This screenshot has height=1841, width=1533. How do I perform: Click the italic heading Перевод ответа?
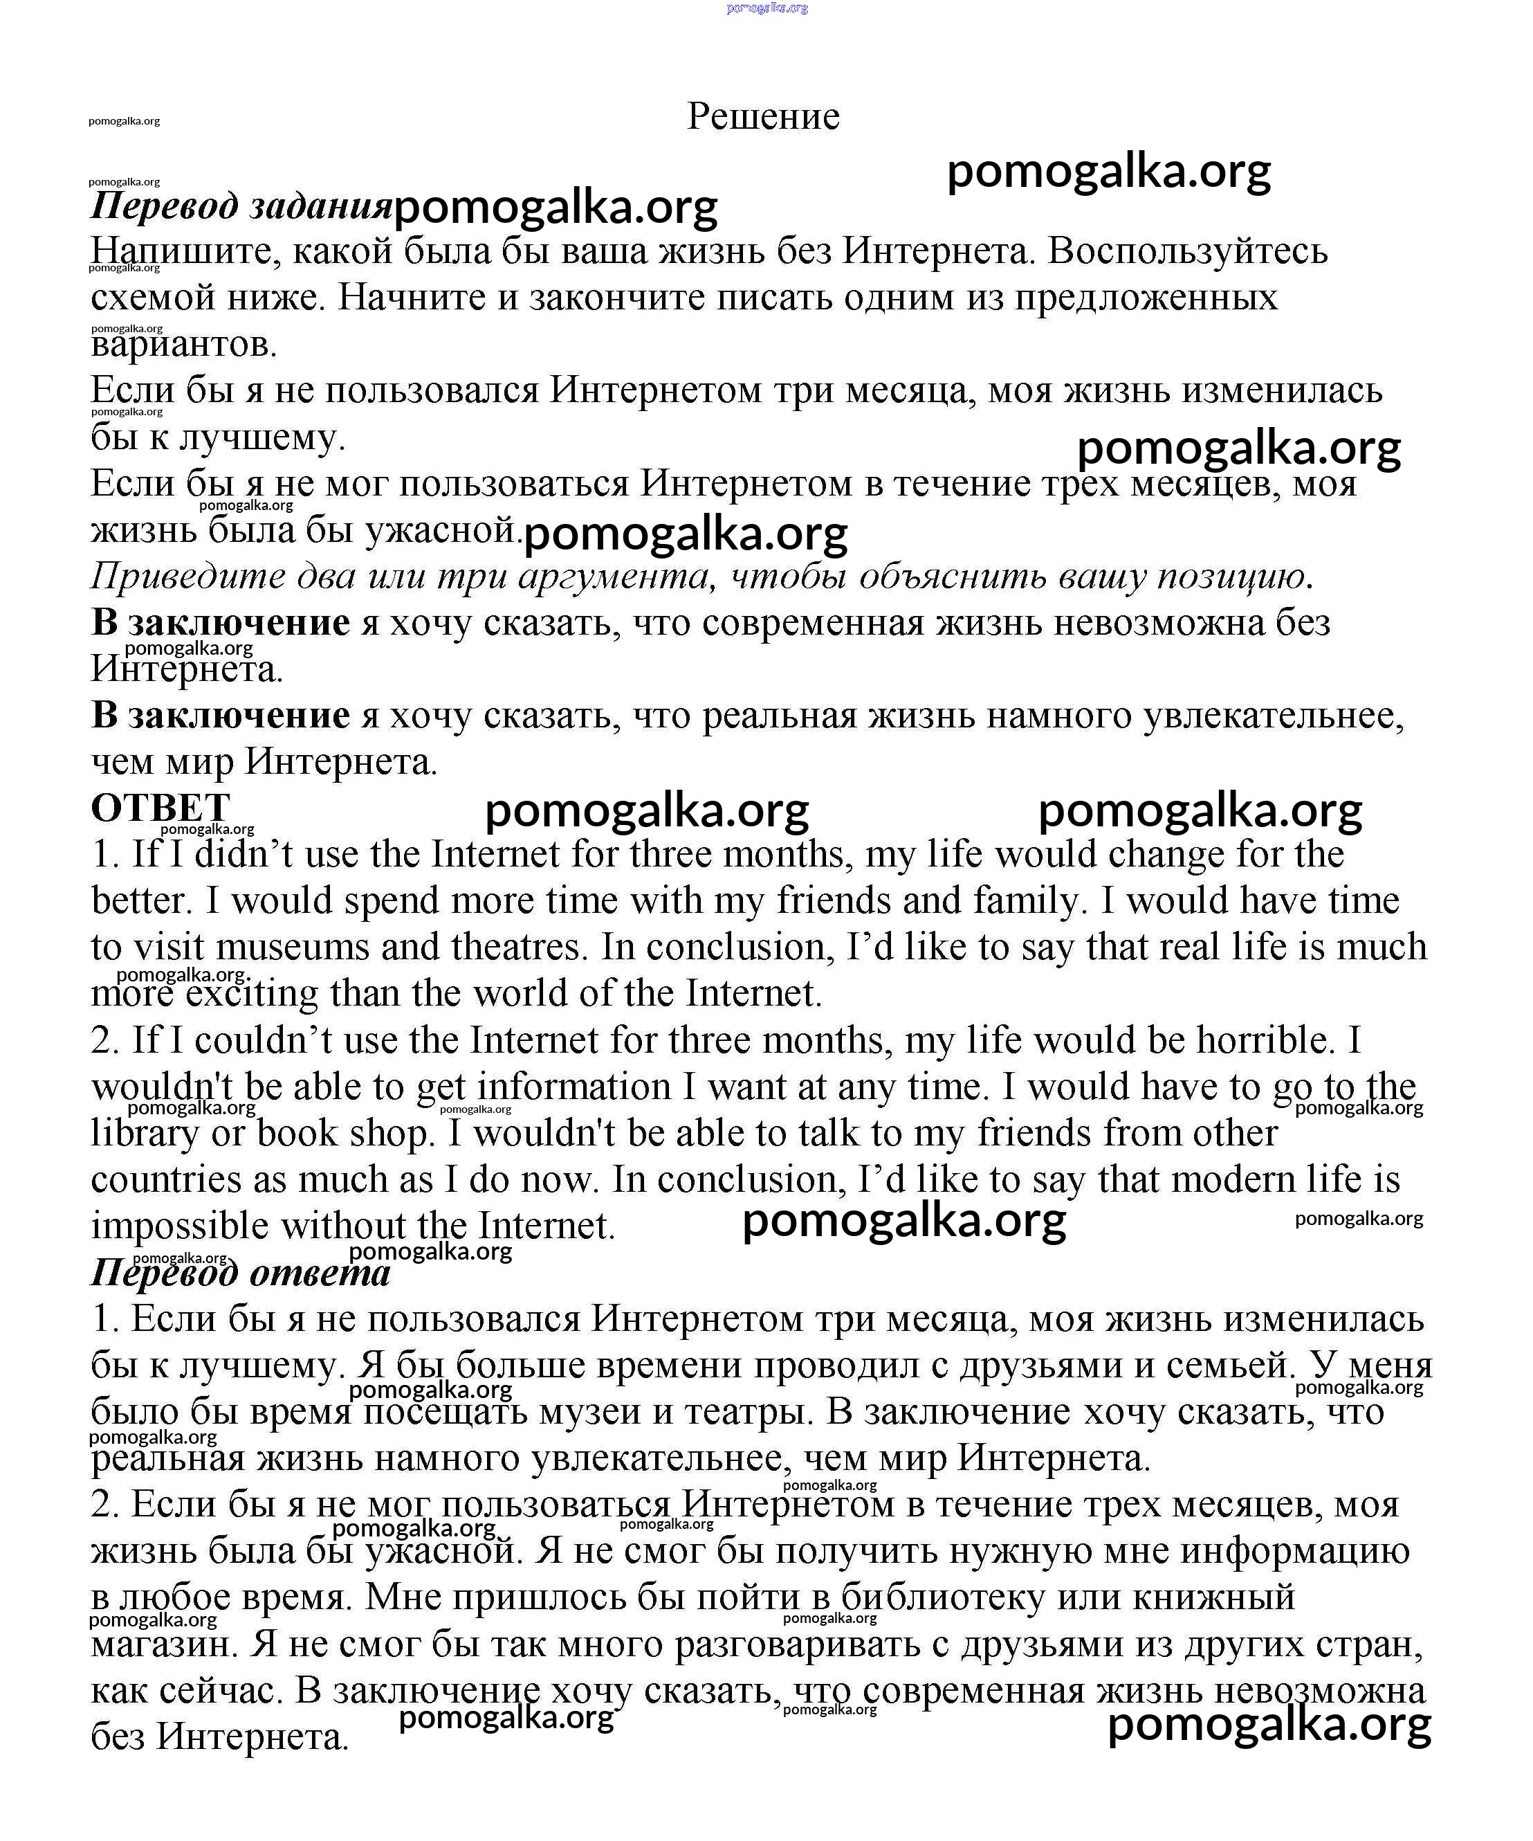pos(241,1273)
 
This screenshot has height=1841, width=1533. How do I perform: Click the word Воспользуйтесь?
pos(1188,252)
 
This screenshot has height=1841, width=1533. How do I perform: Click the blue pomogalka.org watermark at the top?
pos(767,8)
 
